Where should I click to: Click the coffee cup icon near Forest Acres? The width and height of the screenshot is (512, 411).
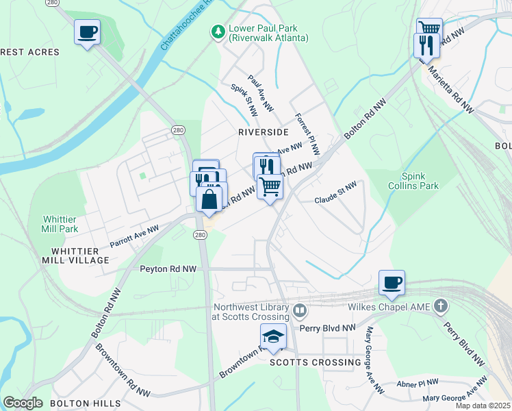(87, 32)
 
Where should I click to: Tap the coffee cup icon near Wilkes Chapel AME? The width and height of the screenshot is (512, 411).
(392, 283)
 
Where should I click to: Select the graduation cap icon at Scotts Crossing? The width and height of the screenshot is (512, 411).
(273, 336)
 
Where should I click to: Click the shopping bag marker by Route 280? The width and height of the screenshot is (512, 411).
(209, 199)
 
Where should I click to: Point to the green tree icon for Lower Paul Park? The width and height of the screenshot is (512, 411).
(218, 32)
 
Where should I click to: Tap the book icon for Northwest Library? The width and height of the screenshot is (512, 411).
(299, 312)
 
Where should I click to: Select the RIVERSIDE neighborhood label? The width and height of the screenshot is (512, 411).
(263, 132)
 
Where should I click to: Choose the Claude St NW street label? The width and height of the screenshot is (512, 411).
(335, 193)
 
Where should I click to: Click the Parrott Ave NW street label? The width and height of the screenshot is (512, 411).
(134, 236)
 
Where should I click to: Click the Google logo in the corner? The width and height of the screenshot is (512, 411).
(23, 403)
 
